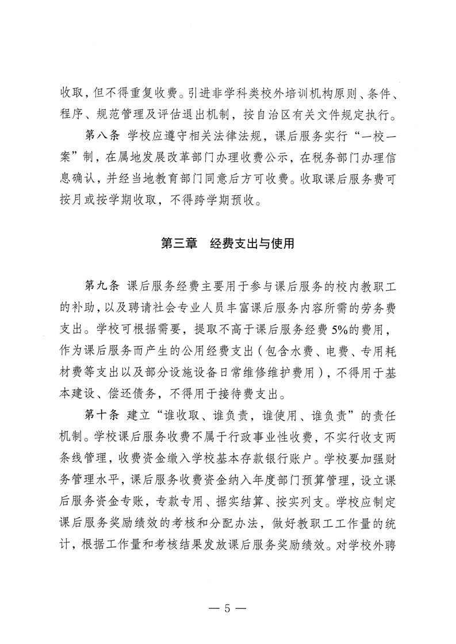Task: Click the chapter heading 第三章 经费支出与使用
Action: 228,244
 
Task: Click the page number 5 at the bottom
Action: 228,605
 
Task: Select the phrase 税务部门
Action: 301,158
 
